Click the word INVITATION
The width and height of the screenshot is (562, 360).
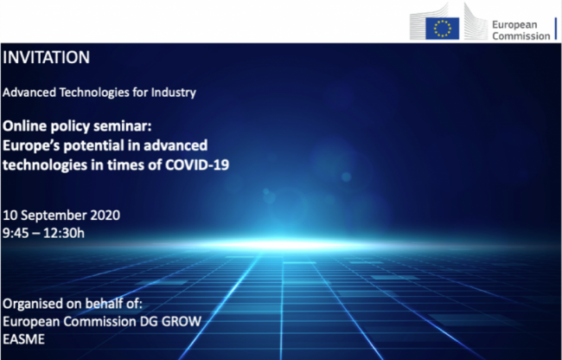tap(46, 57)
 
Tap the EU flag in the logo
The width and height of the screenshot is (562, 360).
tap(443, 29)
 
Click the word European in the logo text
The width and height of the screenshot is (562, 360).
tap(514, 25)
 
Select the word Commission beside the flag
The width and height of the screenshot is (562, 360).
tap(521, 35)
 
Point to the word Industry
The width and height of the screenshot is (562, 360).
tap(174, 93)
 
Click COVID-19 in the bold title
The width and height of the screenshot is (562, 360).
tap(197, 165)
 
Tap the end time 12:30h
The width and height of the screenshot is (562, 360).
tap(64, 233)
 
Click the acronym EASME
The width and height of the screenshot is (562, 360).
tap(23, 339)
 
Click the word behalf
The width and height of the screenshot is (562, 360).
tap(101, 304)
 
